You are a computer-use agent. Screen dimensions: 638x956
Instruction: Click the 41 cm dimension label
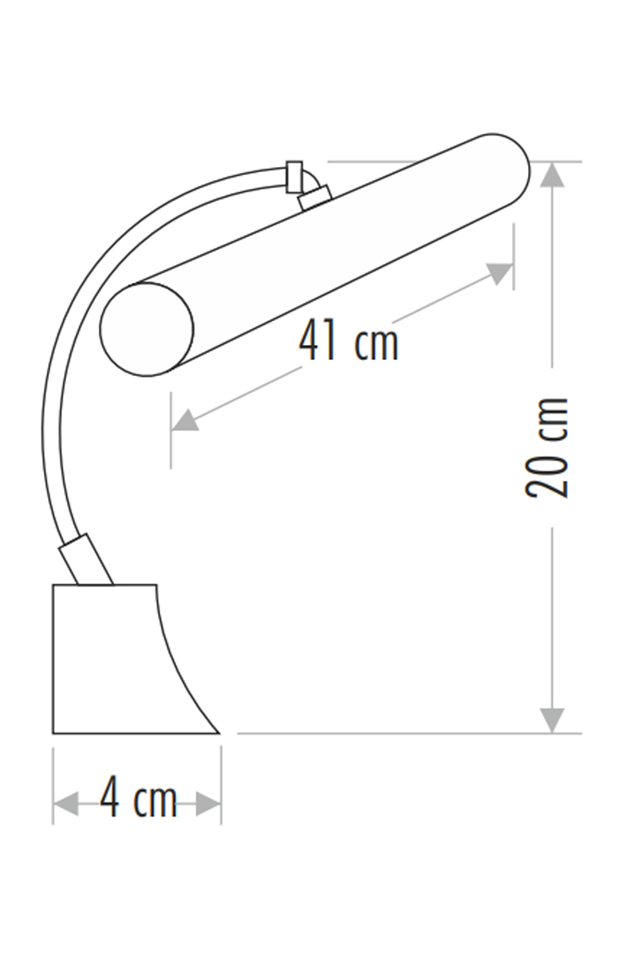coord(349,340)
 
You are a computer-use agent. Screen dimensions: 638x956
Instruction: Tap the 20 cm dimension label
coord(547,448)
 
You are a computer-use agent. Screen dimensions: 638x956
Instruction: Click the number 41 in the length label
coord(317,340)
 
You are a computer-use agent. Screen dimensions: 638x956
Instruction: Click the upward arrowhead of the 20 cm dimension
coord(552,174)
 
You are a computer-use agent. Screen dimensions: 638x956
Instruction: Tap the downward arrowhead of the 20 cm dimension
coord(552,720)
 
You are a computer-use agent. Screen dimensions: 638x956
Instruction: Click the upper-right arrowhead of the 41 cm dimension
coord(499,273)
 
